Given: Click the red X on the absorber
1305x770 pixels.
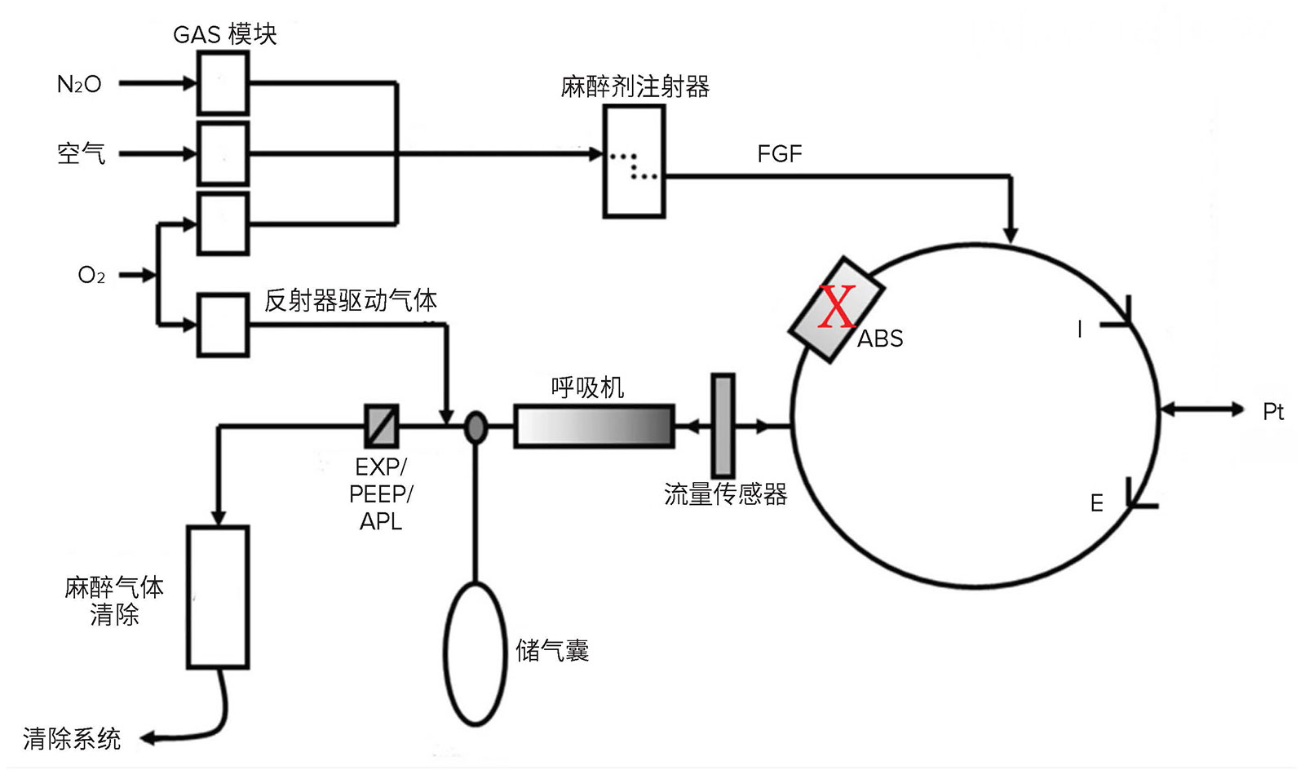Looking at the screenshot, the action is pyautogui.click(x=837, y=307).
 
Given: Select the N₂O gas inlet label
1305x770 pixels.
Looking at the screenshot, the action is pyautogui.click(x=78, y=85).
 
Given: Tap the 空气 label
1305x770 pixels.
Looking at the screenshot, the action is pyautogui.click(x=81, y=154).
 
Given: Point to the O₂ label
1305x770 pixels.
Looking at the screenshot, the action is pyautogui.click(x=91, y=275).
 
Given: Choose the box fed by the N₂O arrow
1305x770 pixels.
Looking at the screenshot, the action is pyautogui.click(x=223, y=82).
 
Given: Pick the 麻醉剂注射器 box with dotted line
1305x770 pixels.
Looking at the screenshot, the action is pyautogui.click(x=635, y=162).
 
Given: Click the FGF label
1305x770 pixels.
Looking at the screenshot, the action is pyautogui.click(x=780, y=154).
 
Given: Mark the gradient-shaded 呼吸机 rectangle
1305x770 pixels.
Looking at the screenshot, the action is pyautogui.click(x=595, y=426).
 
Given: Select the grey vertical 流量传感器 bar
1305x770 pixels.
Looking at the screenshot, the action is pyautogui.click(x=723, y=426).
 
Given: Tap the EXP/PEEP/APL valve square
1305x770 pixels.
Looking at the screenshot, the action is pyautogui.click(x=383, y=426).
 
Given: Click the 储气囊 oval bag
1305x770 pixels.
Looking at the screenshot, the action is pyautogui.click(x=476, y=654).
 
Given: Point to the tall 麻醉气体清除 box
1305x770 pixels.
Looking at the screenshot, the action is pyautogui.click(x=219, y=597).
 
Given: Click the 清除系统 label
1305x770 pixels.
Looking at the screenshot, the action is pyautogui.click(x=72, y=739).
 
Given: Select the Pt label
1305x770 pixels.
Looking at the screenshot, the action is pyautogui.click(x=1273, y=412).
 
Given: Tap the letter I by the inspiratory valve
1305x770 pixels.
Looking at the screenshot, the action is pyautogui.click(x=1080, y=330).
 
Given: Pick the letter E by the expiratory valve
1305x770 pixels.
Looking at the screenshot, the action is pyautogui.click(x=1097, y=503).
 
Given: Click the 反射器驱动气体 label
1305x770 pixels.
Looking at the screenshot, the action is pyautogui.click(x=351, y=300).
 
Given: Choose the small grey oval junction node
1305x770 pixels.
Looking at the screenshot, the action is pyautogui.click(x=476, y=427).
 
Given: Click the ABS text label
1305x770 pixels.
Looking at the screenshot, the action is pyautogui.click(x=880, y=339).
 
